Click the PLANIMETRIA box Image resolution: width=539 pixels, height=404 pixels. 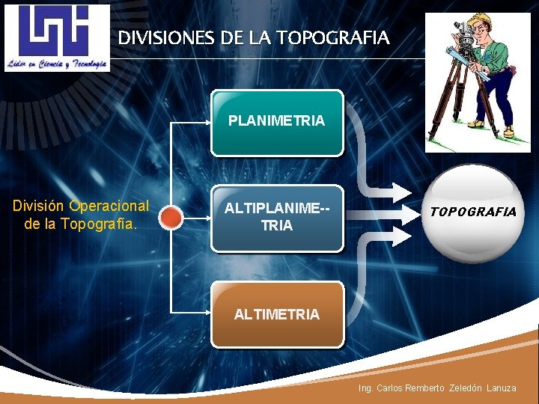tap(277, 123)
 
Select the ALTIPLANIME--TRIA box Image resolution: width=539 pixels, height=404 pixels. tap(277, 218)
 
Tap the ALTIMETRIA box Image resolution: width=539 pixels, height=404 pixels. tap(277, 314)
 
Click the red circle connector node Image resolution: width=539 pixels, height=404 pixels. tap(172, 218)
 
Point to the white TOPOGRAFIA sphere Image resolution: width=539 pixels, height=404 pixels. tap(473, 213)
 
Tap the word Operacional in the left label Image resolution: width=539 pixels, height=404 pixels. tap(109, 206)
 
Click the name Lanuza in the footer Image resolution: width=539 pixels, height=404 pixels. tap(502, 388)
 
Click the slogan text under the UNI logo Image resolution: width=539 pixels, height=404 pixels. tap(57, 64)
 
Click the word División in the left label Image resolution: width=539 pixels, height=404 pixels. tap(40, 206)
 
